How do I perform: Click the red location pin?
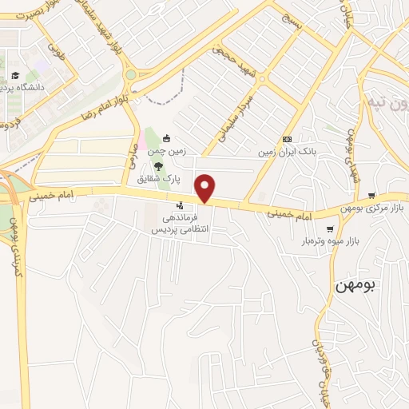[x=206, y=187]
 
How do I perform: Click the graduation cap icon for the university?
[x=14, y=76]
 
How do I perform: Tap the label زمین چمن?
[x=175, y=149]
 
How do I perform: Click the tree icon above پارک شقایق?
[x=158, y=165]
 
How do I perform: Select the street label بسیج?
[x=292, y=19]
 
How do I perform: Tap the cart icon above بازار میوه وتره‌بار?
[x=330, y=228]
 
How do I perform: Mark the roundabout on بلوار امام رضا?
[x=129, y=74]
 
